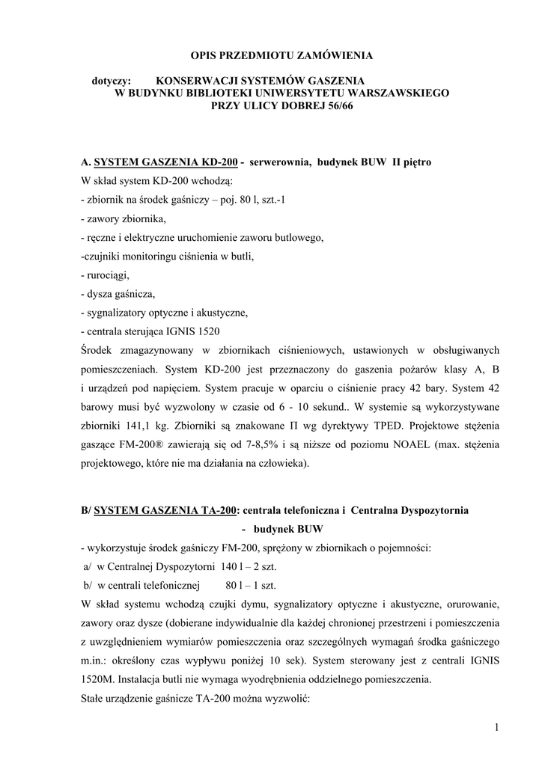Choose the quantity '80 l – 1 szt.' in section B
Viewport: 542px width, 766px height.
click(x=250, y=585)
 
